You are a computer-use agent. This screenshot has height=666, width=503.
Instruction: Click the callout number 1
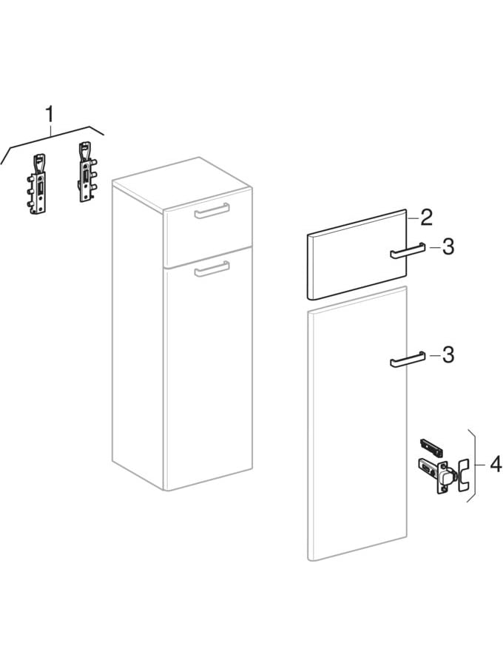coord(50,114)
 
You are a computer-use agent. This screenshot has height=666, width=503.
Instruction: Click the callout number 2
coord(426,218)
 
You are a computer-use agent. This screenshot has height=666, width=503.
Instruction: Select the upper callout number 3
coord(448,246)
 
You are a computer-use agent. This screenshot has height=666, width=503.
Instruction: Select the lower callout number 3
coord(448,354)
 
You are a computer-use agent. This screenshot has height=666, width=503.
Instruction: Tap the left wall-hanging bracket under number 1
coord(37,184)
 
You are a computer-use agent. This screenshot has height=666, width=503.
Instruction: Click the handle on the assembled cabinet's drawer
coord(212,211)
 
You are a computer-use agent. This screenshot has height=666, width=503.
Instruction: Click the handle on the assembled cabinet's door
coord(212,269)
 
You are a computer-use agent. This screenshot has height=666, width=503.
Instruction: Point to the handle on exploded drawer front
coord(407,251)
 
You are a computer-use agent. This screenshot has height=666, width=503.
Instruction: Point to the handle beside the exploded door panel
coord(407,359)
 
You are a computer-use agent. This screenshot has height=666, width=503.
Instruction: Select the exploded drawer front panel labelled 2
coord(357,255)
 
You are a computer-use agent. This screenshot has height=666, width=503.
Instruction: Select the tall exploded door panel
coord(357,423)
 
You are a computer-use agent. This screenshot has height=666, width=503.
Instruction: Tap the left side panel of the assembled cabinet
coord(138,334)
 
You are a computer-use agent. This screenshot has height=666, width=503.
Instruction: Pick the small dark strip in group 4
coord(431,446)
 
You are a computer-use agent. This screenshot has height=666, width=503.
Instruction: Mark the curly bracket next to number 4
coord(472,465)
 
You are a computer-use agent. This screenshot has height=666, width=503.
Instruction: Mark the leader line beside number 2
coord(413,218)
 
